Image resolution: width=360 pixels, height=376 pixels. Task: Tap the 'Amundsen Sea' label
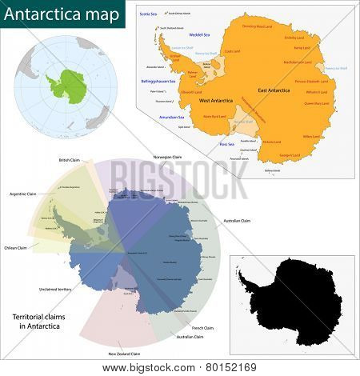[x=171, y=117]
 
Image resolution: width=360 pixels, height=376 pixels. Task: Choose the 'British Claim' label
[x=70, y=160]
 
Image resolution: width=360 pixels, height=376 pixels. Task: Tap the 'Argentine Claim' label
[x=24, y=194]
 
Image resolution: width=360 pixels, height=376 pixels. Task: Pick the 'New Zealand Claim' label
[x=125, y=354]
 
